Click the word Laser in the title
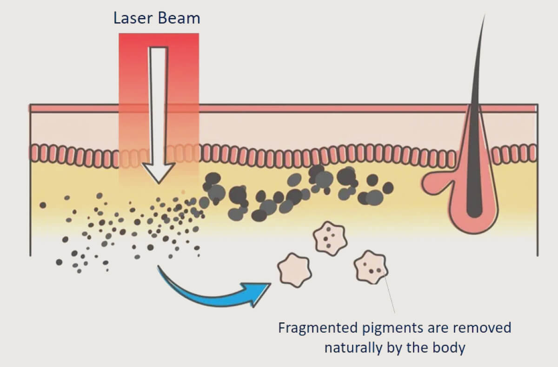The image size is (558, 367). (131, 18)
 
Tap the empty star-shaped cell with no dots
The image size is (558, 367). (294, 269)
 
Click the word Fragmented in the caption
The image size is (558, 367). (319, 328)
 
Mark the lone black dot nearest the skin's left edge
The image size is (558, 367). (43, 205)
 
